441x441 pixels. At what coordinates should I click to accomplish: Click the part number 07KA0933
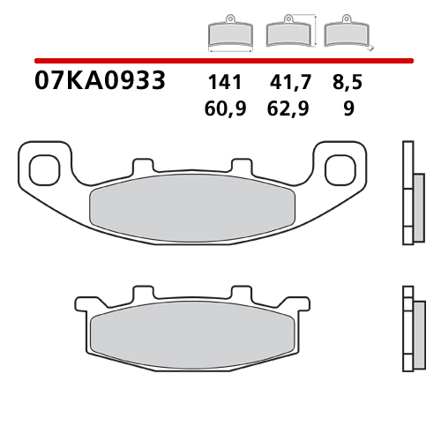[x=99, y=82]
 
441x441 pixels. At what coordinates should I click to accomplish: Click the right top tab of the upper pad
[x=241, y=166]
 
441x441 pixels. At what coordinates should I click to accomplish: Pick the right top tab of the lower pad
[x=241, y=293]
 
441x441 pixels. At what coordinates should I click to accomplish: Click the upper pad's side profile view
[x=409, y=193]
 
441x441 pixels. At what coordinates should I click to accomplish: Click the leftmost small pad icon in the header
[x=228, y=34]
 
